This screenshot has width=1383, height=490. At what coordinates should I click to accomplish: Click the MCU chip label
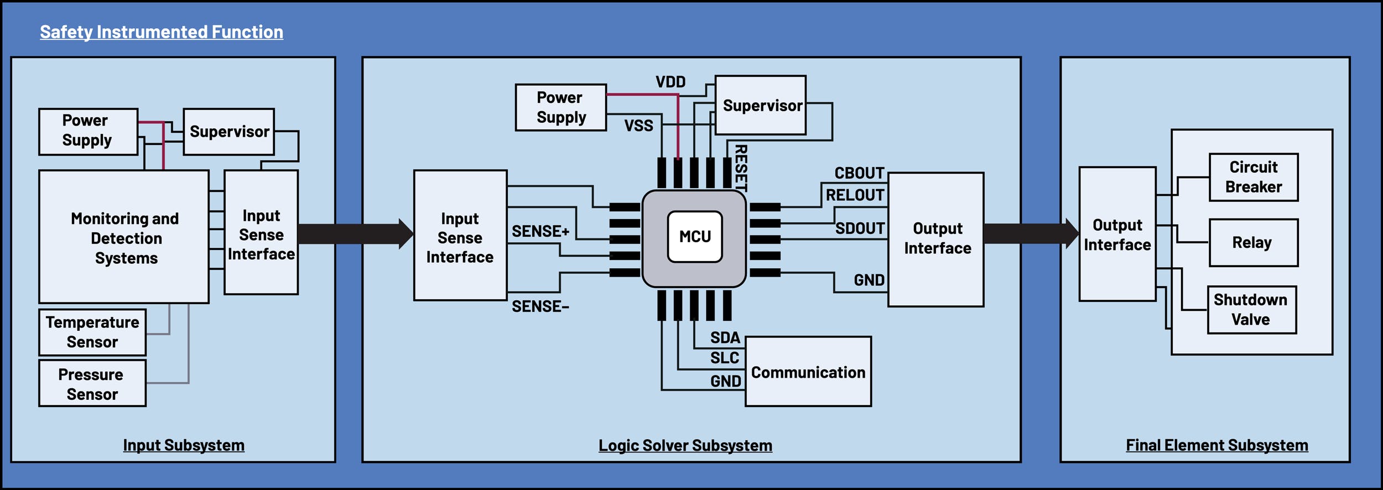coord(695,237)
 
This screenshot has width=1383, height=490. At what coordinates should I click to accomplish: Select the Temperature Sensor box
coord(92,332)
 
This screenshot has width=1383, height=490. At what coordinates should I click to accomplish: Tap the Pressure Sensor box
coord(92,384)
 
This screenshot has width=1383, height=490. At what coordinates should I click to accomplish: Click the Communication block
coord(808,372)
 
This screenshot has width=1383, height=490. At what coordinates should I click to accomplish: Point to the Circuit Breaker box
coord(1253,177)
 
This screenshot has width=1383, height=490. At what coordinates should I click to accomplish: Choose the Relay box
coord(1253,243)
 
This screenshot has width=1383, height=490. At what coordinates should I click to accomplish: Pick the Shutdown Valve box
coord(1251,310)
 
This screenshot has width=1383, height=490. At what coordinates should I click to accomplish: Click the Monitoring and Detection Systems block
coord(124,237)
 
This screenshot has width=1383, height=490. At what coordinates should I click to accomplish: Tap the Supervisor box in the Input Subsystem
coord(229,132)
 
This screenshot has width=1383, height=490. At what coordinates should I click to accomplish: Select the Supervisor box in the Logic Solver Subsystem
coord(761,106)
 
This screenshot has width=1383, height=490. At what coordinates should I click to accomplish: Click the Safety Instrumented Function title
coord(162,32)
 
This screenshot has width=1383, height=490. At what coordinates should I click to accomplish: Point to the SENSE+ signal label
coord(540,231)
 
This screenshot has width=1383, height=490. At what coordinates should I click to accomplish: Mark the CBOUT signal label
coord(859,173)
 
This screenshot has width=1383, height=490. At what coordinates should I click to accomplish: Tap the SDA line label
coord(725,337)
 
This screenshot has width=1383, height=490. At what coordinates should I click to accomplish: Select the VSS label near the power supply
coord(638,126)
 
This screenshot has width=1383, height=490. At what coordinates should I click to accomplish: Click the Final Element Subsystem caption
coord(1216,445)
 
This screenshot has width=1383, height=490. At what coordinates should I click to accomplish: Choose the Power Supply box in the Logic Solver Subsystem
coord(560,107)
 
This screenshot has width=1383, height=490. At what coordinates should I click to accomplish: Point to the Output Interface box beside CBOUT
coord(936,239)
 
